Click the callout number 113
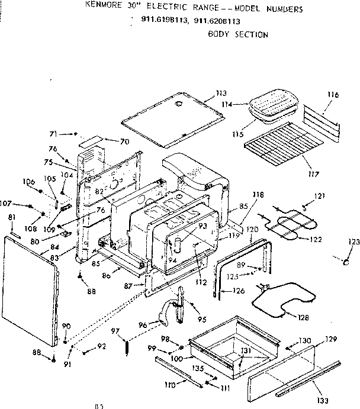pyautogui.click(x=221, y=94)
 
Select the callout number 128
pyautogui.click(x=303, y=318)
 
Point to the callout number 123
pyautogui.click(x=353, y=241)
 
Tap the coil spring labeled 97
pyautogui.click(x=127, y=346)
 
